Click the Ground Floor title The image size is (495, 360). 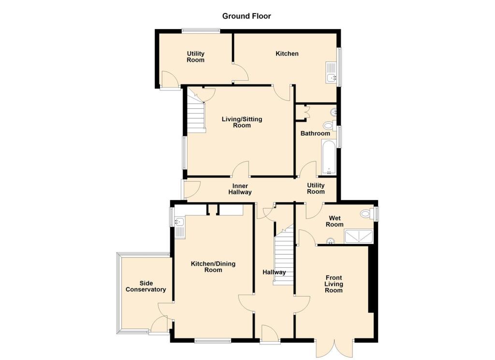point(247,16)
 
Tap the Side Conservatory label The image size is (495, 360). point(146,286)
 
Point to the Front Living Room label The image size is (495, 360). point(334,284)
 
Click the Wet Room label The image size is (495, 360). point(334,221)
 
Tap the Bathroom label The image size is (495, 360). point(315,133)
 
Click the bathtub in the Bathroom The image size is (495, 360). point(328,158)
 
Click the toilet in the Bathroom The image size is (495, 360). point(329,126)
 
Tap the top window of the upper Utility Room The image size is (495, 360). point(201,31)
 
